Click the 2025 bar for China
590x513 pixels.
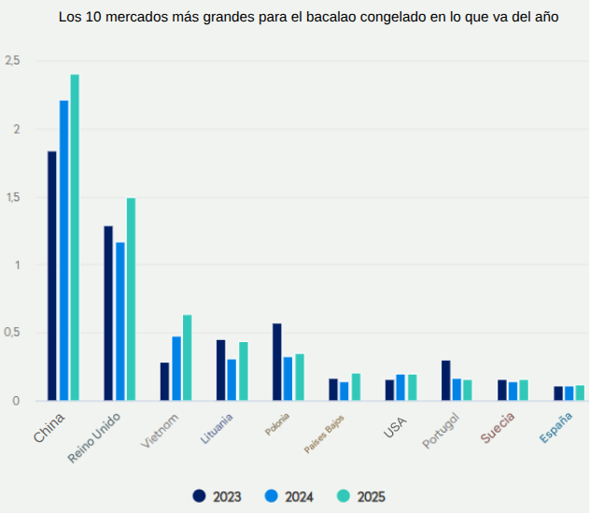[x=75, y=237]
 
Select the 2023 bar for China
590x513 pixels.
[x=52, y=276]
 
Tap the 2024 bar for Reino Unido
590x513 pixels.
[x=119, y=321]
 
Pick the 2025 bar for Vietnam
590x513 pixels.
[x=187, y=358]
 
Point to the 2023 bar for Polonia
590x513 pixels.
[x=276, y=362]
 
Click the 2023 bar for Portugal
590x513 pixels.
[x=445, y=380]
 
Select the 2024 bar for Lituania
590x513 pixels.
[x=232, y=379]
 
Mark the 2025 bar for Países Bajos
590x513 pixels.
[x=356, y=387]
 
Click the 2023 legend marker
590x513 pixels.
[x=199, y=496]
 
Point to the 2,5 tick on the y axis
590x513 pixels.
[x=12, y=61]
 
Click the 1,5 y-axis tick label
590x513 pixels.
[x=12, y=197]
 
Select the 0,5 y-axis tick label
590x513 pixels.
[x=12, y=334]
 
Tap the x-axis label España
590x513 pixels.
[x=556, y=426]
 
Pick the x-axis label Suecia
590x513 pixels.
[x=498, y=427]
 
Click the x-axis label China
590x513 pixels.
[x=49, y=427]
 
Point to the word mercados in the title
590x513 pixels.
[x=131, y=18]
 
